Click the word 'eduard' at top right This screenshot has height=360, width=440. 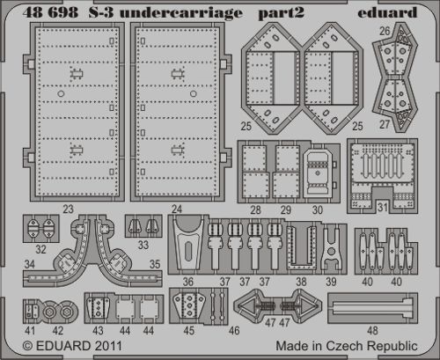coord(387,12)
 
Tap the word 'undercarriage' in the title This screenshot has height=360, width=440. coord(181,13)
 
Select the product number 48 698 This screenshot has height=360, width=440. coord(50,12)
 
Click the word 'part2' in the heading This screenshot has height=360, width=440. coord(281,14)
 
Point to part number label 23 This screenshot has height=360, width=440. coord(68,209)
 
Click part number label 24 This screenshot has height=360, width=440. coord(177,209)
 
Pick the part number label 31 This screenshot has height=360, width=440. coord(382,207)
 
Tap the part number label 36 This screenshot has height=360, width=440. coord(188,282)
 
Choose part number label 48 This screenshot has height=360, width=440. coord(372,331)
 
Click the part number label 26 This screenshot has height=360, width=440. coord(385,31)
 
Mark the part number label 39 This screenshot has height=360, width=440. coord(331,282)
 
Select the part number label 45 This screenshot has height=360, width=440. coord(188,331)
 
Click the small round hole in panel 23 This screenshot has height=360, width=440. coord(61,94)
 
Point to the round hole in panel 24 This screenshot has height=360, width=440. coord(193,94)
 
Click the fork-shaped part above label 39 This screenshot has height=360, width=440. coord(331,248)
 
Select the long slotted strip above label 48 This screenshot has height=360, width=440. coord(372,308)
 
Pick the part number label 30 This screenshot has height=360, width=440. coord(318,209)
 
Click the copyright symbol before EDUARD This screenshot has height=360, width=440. coord(27,346)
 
